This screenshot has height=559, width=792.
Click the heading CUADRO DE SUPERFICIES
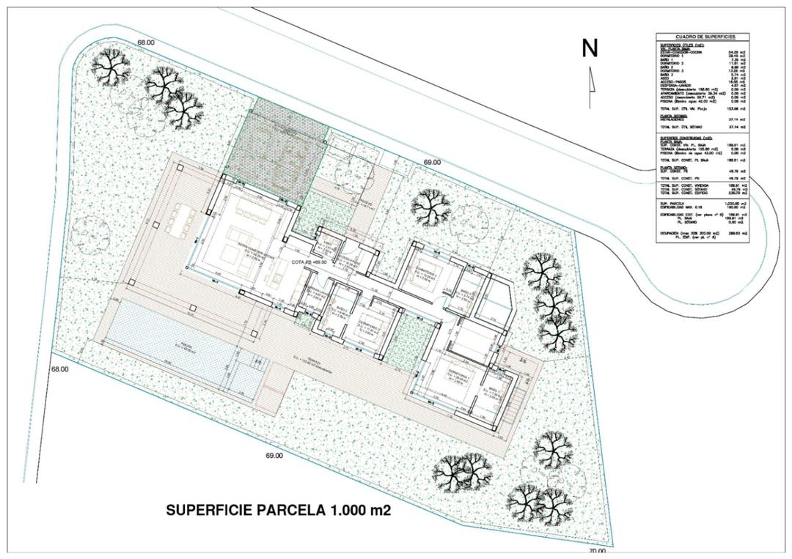(x=705, y=37)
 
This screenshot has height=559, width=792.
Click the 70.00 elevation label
(x=597, y=551)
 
